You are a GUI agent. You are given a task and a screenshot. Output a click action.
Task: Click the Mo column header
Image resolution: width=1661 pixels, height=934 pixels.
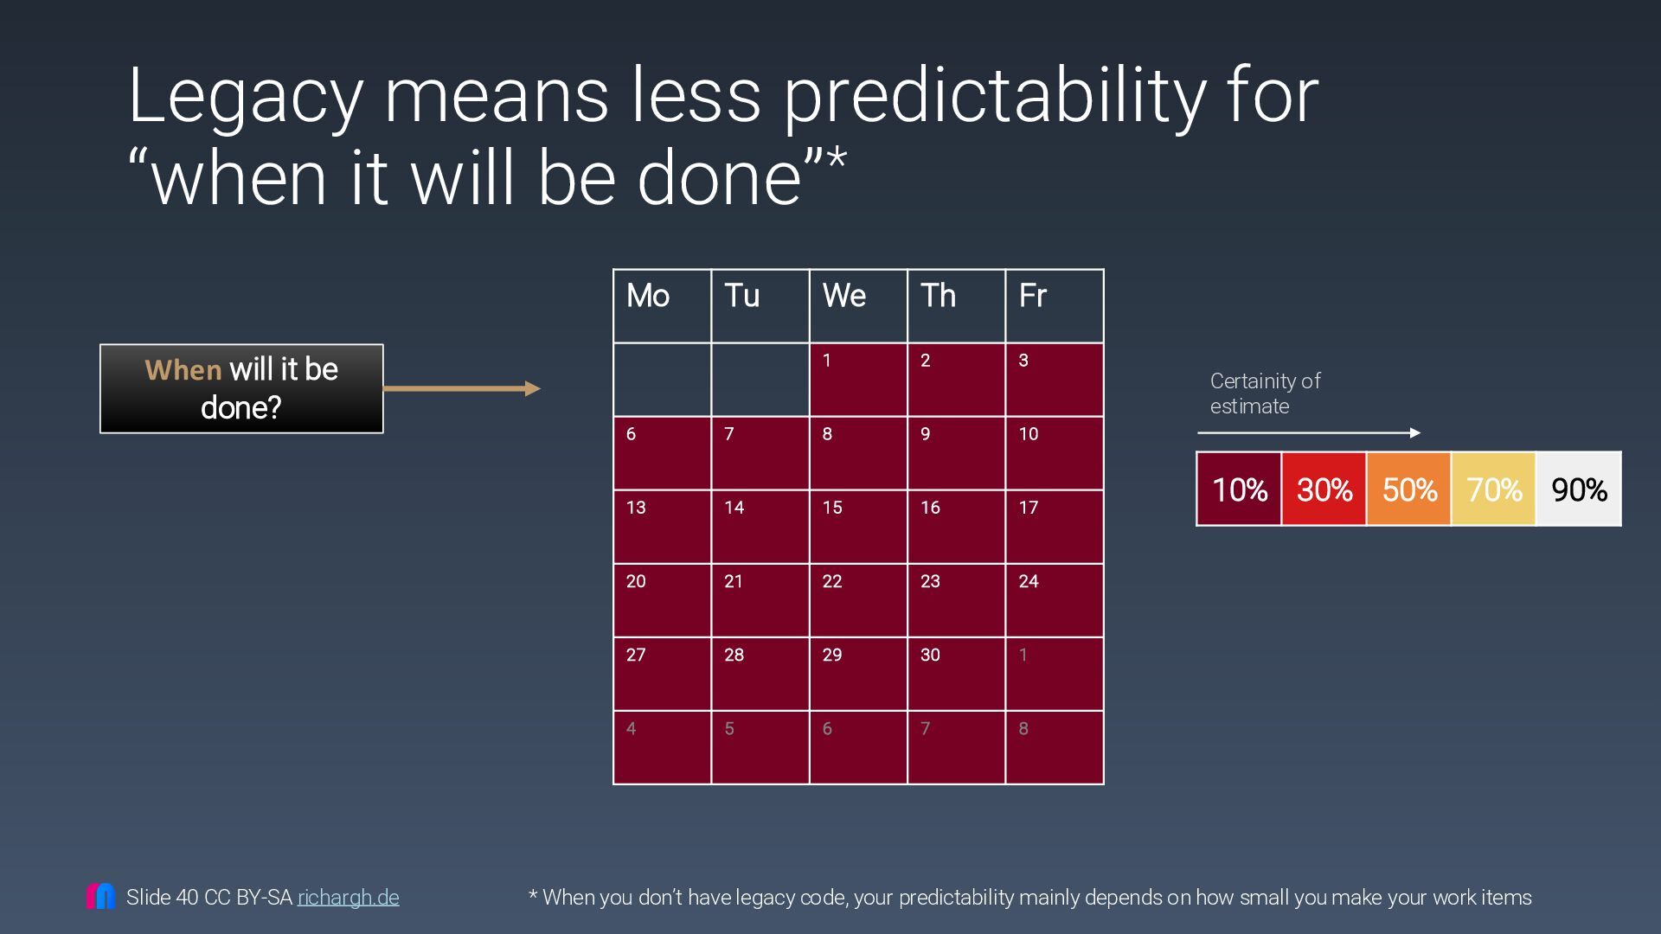pos(662,306)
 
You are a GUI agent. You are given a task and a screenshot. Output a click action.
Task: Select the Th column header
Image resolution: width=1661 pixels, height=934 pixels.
pos(956,306)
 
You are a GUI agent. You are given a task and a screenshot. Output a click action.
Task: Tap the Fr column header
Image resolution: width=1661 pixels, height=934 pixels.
pos(1054,306)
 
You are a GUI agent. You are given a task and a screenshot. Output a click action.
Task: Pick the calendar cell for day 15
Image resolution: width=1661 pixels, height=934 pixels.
pos(858,527)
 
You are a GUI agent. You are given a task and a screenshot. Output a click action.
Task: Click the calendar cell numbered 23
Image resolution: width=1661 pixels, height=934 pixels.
pos(956,600)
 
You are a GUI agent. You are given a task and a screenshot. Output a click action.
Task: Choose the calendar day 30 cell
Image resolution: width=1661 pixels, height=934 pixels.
pos(956,674)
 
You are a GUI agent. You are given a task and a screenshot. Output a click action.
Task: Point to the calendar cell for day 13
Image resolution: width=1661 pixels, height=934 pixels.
pos(662,527)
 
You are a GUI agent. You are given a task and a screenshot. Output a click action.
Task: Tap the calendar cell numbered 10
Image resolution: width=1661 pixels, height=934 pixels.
pos(1054,453)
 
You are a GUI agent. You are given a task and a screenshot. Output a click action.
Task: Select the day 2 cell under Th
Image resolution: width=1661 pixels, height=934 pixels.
pos(956,380)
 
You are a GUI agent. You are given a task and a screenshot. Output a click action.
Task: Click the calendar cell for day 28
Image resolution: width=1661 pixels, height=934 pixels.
pos(760,674)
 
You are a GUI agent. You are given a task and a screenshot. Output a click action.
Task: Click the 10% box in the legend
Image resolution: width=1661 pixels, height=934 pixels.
pos(1239,489)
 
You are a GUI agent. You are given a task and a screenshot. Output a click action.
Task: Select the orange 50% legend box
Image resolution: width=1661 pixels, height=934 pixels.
pos(1408,489)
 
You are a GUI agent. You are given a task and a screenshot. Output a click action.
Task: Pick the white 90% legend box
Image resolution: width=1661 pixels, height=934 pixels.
pos(1579,489)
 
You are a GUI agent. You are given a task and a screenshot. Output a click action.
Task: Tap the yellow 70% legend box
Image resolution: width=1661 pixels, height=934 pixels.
pos(1494,489)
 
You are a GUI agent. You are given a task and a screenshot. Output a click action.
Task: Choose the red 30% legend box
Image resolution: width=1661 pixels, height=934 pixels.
pos(1324,489)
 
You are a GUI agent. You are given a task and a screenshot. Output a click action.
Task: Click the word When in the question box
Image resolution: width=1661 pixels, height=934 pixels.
pos(183,370)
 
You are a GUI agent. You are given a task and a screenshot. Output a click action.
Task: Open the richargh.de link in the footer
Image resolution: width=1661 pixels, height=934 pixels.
pos(348,898)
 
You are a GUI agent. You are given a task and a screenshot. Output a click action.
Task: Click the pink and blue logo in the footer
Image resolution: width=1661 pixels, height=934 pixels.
pos(100,896)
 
